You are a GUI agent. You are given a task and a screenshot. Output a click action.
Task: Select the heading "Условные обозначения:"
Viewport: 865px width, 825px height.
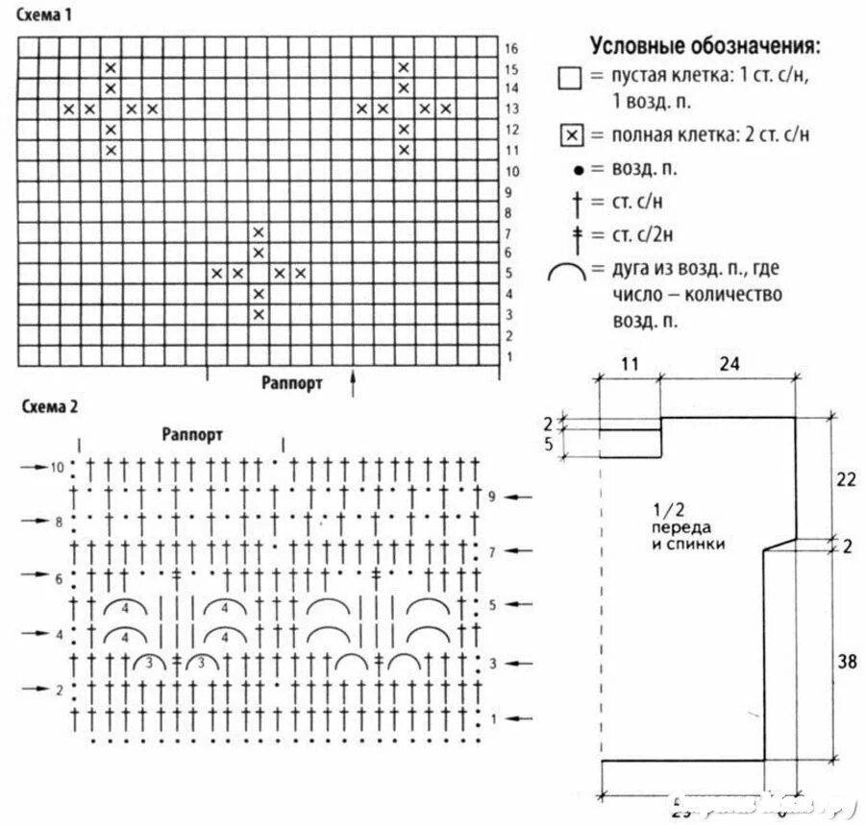(704, 46)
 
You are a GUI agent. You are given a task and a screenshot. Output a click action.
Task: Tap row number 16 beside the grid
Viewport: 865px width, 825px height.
(511, 48)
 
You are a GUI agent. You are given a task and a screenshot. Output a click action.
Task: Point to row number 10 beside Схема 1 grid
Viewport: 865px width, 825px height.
(511, 171)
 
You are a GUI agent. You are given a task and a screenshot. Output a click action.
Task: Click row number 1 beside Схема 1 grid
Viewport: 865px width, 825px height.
(509, 356)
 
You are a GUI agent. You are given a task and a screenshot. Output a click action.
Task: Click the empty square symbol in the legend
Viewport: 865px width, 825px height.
(570, 78)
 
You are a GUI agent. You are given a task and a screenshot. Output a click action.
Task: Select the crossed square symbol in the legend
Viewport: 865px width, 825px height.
(570, 134)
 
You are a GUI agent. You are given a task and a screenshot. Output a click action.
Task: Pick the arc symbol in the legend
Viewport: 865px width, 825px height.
(567, 273)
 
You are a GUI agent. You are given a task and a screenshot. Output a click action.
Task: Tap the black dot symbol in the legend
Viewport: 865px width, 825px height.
(577, 169)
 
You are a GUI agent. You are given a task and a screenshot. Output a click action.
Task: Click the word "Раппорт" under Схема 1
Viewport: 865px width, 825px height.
(292, 382)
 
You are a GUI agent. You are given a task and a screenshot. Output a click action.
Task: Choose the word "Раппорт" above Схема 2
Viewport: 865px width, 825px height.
(193, 434)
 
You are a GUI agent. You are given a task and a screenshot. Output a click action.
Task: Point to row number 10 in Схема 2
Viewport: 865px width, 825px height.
(58, 468)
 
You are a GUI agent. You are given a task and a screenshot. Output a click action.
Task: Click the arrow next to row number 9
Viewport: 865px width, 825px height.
(520, 497)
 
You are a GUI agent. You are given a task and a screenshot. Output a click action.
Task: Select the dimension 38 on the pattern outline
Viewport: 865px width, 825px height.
(847, 661)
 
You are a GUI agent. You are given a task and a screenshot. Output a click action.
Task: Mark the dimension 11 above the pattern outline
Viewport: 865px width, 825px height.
(630, 364)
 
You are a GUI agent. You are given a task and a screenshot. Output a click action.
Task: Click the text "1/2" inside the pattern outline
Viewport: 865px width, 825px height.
(663, 509)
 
